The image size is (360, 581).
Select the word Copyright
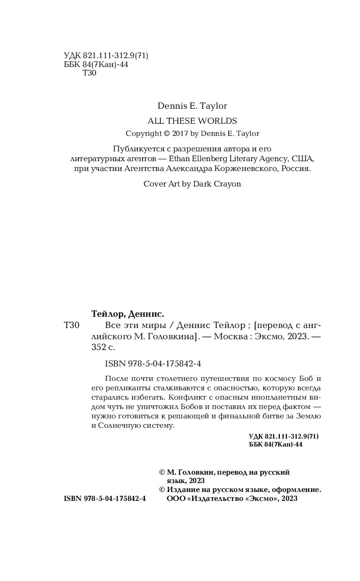click(x=143, y=134)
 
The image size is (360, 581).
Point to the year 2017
click(x=180, y=134)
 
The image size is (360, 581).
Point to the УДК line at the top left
click(x=106, y=56)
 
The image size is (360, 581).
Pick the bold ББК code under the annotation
click(x=276, y=445)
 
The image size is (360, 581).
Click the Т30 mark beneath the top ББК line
click(x=89, y=74)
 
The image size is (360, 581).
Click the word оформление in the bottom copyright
click(x=299, y=490)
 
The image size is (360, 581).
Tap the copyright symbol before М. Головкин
click(x=162, y=472)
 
